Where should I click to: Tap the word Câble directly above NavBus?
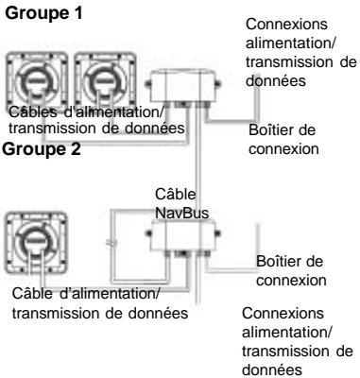pyautogui.click(x=176, y=193)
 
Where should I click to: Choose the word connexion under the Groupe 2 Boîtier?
pyautogui.click(x=291, y=282)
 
